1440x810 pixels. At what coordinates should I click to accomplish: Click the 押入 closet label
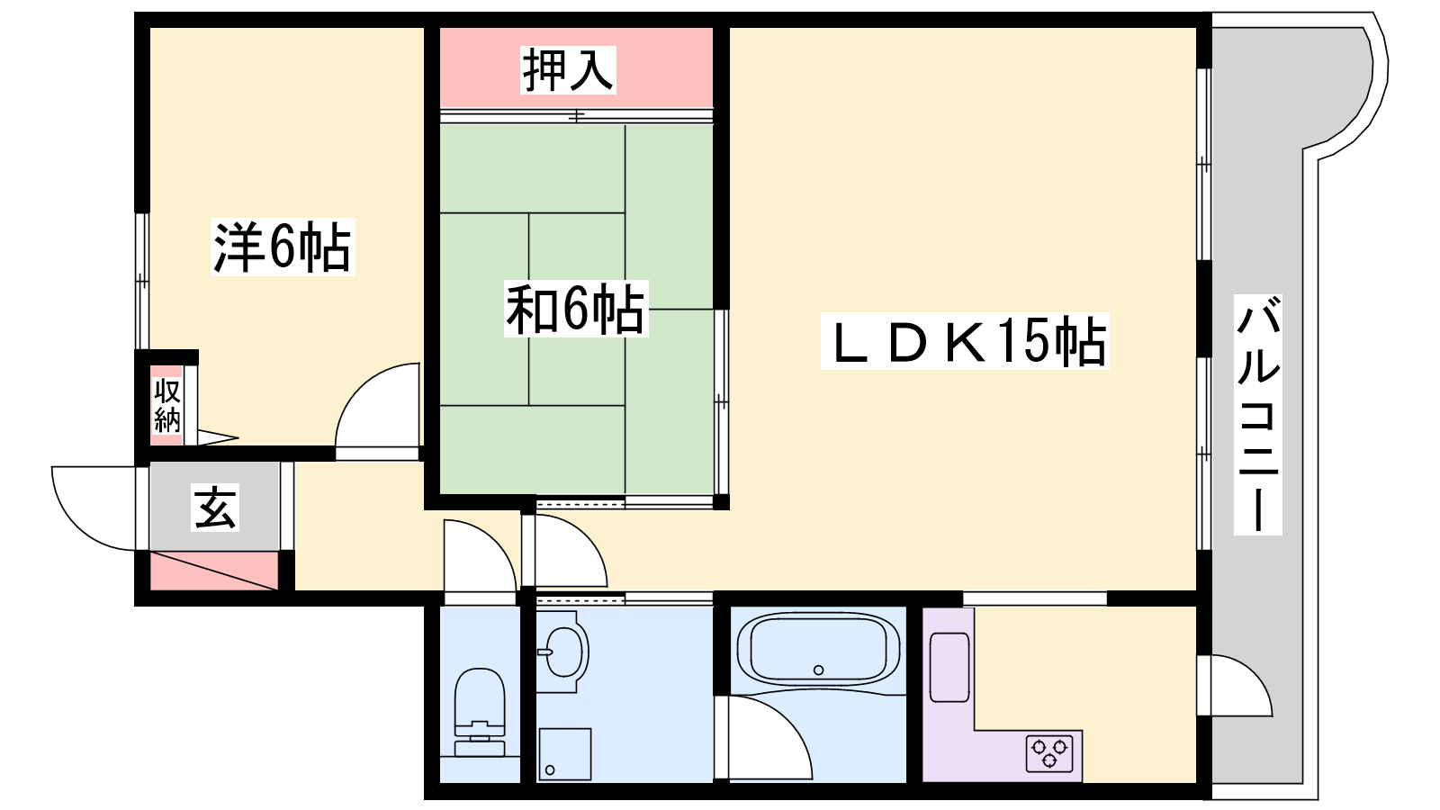click(x=568, y=70)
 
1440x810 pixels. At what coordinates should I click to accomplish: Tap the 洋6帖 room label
click(x=283, y=247)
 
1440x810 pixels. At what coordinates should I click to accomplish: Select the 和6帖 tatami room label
click(x=576, y=310)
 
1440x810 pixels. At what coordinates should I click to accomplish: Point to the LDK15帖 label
click(x=965, y=341)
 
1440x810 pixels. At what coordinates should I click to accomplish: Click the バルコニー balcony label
click(x=1257, y=415)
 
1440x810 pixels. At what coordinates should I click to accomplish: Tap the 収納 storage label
click(x=167, y=406)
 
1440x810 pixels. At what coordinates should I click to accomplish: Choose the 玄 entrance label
click(x=215, y=508)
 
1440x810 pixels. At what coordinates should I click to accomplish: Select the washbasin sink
click(x=563, y=652)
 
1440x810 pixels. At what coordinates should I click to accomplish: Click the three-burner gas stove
click(x=1049, y=752)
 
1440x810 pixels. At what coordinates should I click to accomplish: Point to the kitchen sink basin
click(x=949, y=667)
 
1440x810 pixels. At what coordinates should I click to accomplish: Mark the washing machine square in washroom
click(x=564, y=753)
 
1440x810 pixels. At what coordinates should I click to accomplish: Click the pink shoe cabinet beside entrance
click(x=213, y=571)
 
